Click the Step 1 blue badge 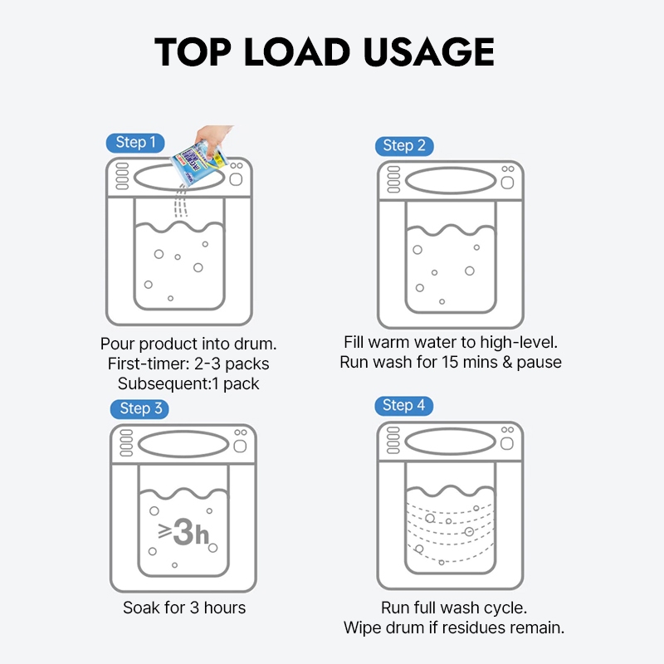pyautogui.click(x=135, y=143)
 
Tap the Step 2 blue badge pyautogui.click(x=404, y=146)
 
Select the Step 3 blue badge pyautogui.click(x=139, y=408)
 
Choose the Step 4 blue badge pyautogui.click(x=403, y=406)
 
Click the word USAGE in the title pyautogui.click(x=428, y=51)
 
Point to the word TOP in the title pyautogui.click(x=193, y=51)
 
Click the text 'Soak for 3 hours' pyautogui.click(x=184, y=608)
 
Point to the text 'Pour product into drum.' pyautogui.click(x=188, y=344)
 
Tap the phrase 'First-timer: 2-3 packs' pyautogui.click(x=188, y=364)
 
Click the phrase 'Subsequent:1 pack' pyautogui.click(x=188, y=383)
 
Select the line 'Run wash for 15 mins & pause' pyautogui.click(x=451, y=362)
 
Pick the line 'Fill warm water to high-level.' pyautogui.click(x=451, y=342)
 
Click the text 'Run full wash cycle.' pyautogui.click(x=454, y=608)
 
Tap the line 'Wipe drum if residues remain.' pyautogui.click(x=454, y=627)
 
